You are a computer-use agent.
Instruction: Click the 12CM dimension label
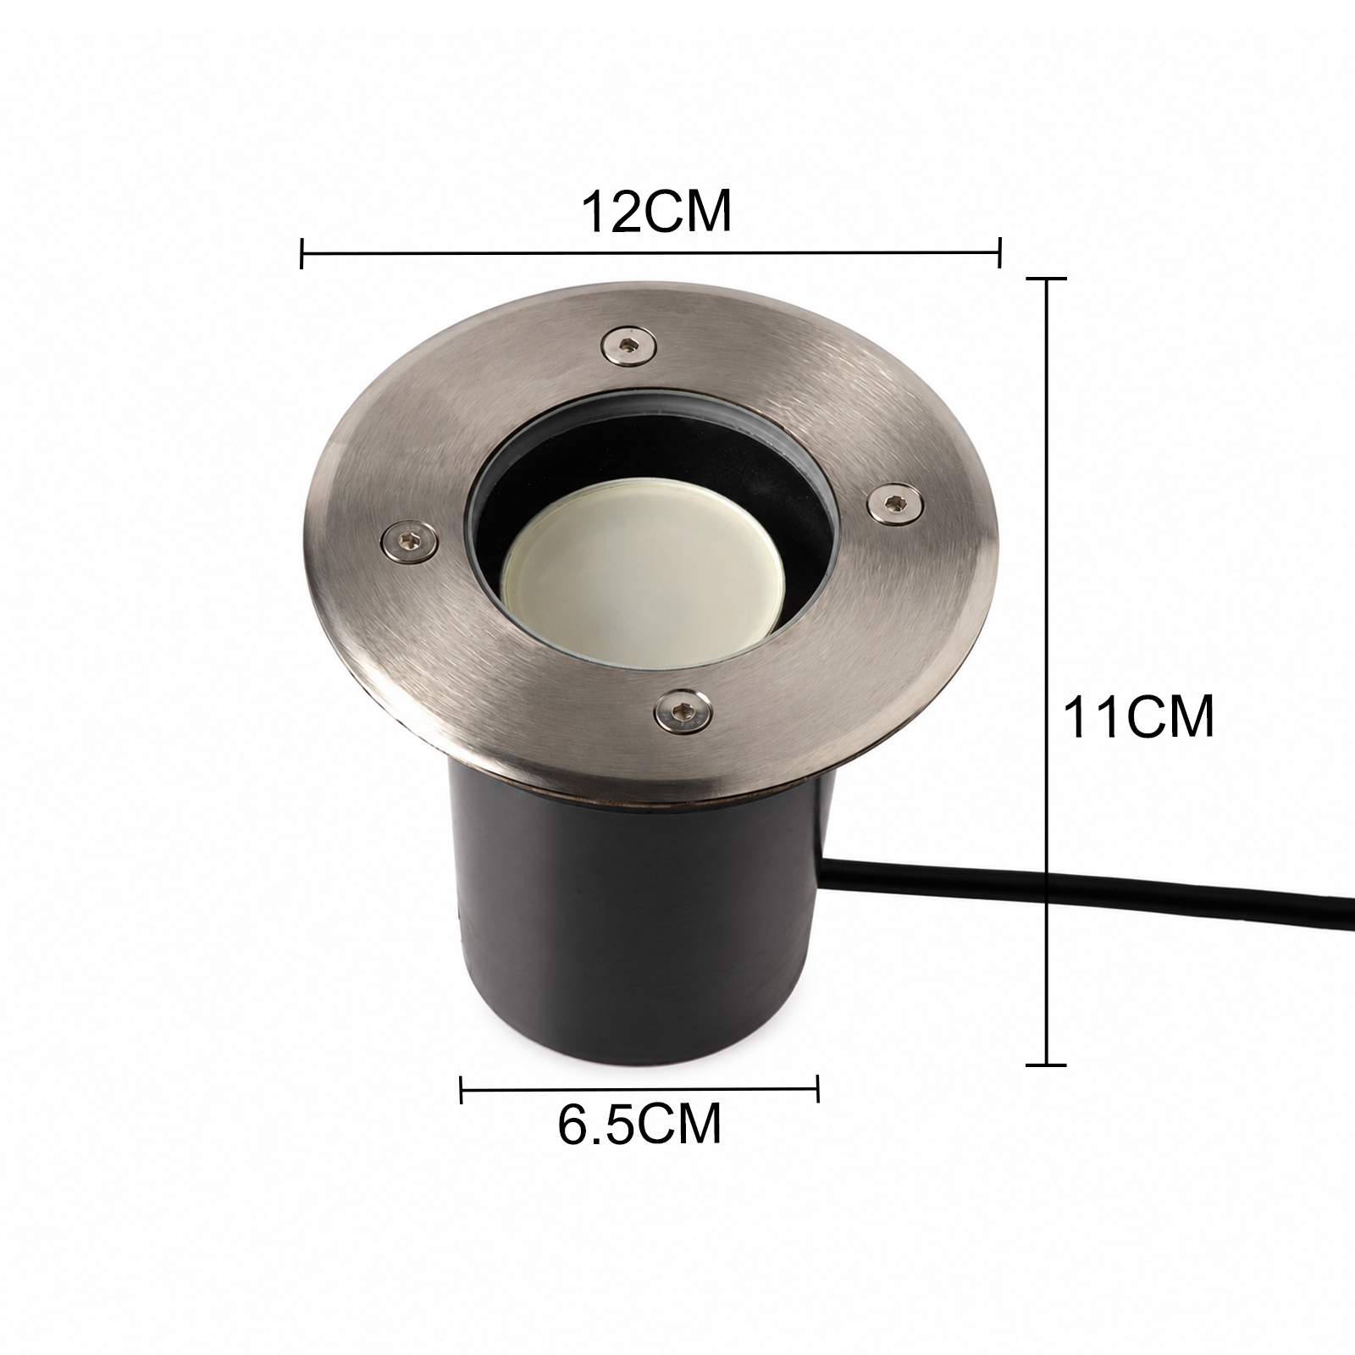[655, 213]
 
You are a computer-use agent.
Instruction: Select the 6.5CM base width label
[640, 1123]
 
